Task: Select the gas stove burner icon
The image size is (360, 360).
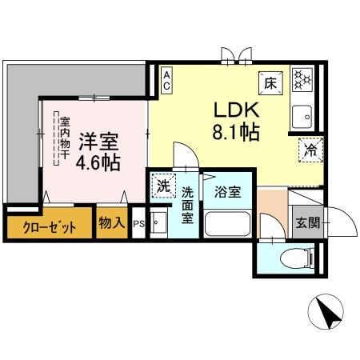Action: click(302, 78)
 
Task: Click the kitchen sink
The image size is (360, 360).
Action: click(303, 118)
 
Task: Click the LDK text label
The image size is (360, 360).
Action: click(235, 110)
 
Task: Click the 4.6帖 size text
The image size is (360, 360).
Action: click(98, 162)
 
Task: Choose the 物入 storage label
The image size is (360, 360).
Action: click(111, 222)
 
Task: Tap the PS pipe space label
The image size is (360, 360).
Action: click(138, 224)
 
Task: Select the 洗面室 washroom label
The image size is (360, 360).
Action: click(187, 205)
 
